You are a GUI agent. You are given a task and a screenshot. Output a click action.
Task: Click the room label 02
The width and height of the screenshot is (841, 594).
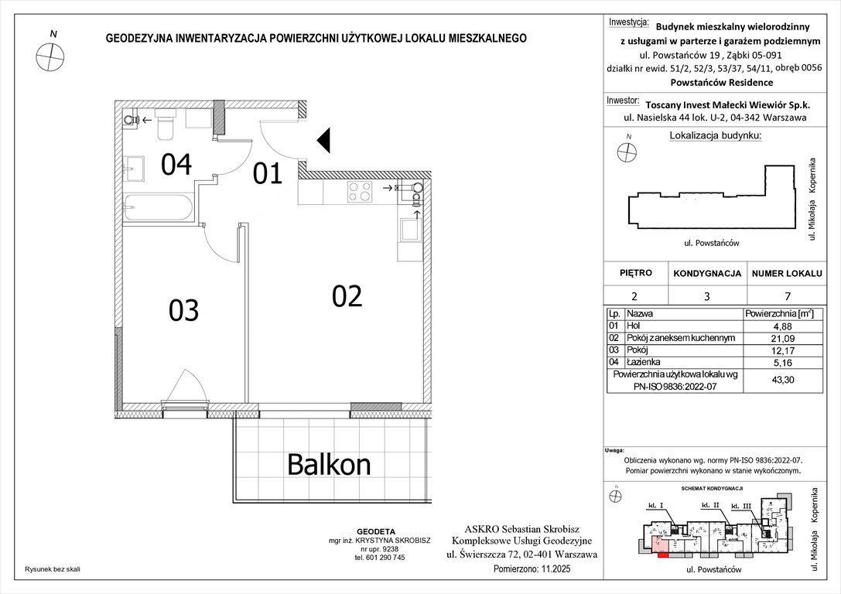pos(347,295)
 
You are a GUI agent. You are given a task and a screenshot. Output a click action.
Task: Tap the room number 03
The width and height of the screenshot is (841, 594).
pos(183,310)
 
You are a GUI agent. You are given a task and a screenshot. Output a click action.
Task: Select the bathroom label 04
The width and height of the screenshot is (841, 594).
pos(176,164)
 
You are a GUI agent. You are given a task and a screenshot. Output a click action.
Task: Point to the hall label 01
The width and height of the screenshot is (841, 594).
pos(268,174)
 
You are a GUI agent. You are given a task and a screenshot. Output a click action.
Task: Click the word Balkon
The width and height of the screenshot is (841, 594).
pos(329,464)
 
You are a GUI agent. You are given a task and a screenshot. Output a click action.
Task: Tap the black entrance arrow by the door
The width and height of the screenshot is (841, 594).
pos(325,140)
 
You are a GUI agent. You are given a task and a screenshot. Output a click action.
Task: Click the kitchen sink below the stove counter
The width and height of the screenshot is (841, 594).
pos(408,228)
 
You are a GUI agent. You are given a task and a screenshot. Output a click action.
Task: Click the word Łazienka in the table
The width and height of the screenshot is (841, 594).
pos(644,361)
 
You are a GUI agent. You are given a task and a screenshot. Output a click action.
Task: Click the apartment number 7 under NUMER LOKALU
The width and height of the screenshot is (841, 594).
pos(785,295)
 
